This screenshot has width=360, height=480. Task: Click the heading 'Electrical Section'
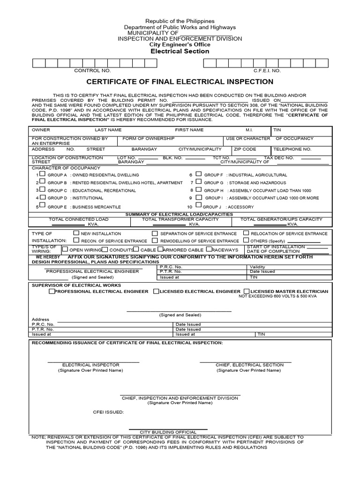pyautogui.click(x=180, y=51)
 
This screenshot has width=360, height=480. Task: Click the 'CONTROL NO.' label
pyautogui.click(x=93, y=70)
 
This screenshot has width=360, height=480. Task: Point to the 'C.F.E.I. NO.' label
pyautogui.click(x=267, y=70)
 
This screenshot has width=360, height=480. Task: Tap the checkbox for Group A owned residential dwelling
pyautogui.click(x=43, y=174)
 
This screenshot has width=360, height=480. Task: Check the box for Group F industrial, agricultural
pyautogui.click(x=199, y=174)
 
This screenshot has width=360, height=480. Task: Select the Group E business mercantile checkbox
pyautogui.click(x=43, y=205)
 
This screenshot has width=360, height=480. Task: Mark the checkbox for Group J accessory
pyautogui.click(x=199, y=205)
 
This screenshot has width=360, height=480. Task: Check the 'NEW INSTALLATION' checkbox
pyautogui.click(x=76, y=232)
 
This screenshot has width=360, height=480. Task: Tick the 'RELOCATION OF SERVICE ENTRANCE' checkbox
pyautogui.click(x=246, y=232)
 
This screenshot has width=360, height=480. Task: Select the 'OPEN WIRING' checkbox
pyautogui.click(x=65, y=249)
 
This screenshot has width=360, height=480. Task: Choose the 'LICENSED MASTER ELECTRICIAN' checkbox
pyautogui.click(x=247, y=291)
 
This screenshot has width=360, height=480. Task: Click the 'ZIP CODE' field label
pyautogui.click(x=245, y=149)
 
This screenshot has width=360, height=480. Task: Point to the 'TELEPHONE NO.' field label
pyautogui.click(x=293, y=149)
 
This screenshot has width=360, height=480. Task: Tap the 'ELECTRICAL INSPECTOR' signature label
pyautogui.click(x=90, y=365)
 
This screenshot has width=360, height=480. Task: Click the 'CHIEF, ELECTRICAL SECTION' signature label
pyautogui.click(x=249, y=365)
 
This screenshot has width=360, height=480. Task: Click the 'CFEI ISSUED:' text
pyautogui.click(x=108, y=412)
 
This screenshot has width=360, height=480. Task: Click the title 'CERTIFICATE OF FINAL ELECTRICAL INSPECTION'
pyautogui.click(x=180, y=82)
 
